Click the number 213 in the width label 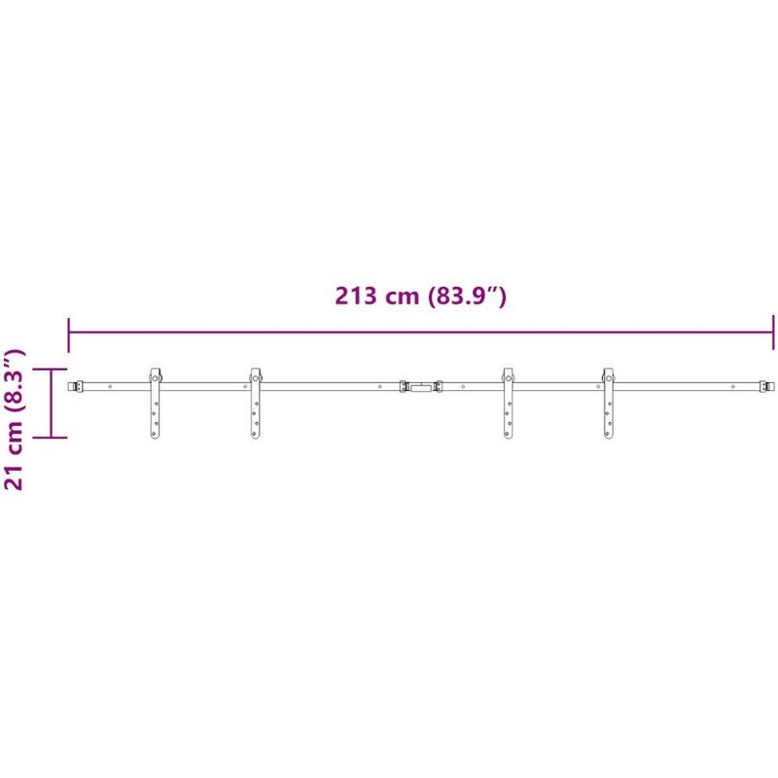point(355,297)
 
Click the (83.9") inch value point(466,297)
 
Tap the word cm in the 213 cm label point(401,299)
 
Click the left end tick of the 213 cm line point(68,335)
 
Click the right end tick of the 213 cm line point(773,333)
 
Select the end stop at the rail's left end point(76,386)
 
